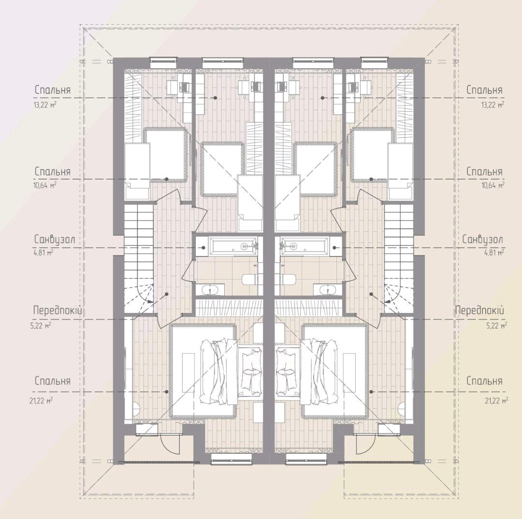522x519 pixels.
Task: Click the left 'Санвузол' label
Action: click(55, 239)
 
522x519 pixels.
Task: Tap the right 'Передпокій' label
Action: click(479, 311)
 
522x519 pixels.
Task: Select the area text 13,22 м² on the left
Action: click(44, 105)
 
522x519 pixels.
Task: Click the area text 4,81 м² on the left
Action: click(43, 252)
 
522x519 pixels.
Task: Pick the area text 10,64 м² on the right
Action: click(493, 185)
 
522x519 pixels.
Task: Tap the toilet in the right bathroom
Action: click(287, 280)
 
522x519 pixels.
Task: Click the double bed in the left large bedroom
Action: click(203, 371)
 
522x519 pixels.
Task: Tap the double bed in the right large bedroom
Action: click(335, 371)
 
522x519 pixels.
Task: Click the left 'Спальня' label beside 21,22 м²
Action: click(53, 381)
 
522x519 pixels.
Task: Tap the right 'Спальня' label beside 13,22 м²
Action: click(484, 90)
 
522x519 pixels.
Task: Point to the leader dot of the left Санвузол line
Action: click(203, 248)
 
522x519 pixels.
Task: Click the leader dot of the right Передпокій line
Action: click(372, 294)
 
